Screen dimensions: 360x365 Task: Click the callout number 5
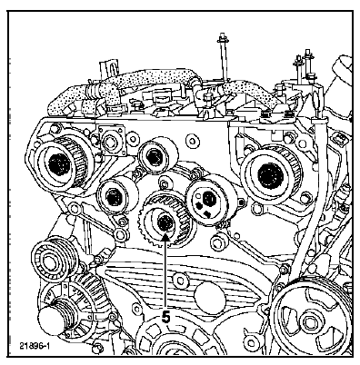pyautogui.click(x=165, y=317)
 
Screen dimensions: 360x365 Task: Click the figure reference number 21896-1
pyautogui.click(x=35, y=346)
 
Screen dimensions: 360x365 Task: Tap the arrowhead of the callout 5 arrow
pyautogui.click(x=165, y=238)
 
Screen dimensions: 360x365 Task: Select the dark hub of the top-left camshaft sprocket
pyautogui.click(x=59, y=164)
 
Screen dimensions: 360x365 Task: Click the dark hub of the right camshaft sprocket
pyautogui.click(x=270, y=175)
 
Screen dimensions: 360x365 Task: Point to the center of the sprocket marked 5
pyautogui.click(x=165, y=222)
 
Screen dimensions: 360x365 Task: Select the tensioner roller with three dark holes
pyautogui.click(x=211, y=200)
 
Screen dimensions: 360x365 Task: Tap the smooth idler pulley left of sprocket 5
pyautogui.click(x=116, y=196)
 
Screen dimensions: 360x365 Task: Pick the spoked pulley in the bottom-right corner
pyautogui.click(x=311, y=321)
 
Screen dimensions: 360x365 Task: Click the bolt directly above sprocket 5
pyautogui.click(x=164, y=184)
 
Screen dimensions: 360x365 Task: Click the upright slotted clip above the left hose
pyautogui.click(x=108, y=70)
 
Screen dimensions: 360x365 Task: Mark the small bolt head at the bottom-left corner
pyautogui.click(x=97, y=347)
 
